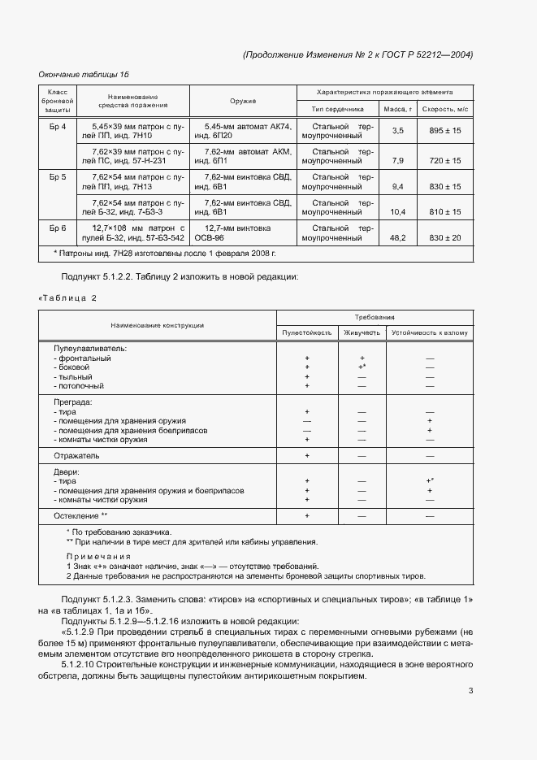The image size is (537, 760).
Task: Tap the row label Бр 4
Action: tap(58, 128)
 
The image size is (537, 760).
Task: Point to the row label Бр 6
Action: tap(58, 228)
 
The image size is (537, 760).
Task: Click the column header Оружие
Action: tap(243, 101)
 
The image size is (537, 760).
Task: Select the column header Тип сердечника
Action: tap(337, 108)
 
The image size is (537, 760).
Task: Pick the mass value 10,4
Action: tap(398, 211)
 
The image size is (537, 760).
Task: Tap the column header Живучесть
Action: tap(362, 332)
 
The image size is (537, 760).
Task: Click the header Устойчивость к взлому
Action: tap(430, 332)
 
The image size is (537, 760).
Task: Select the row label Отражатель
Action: tap(76, 456)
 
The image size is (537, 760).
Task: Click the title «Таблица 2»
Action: tap(67, 297)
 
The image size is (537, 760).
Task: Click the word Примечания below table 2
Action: tap(99, 556)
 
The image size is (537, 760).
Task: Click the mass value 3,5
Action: tap(398, 131)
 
